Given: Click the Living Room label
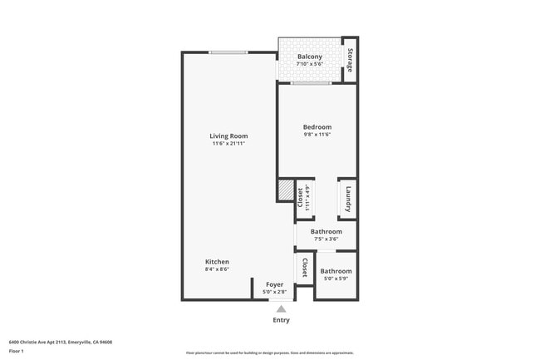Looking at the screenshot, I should pos(228,136).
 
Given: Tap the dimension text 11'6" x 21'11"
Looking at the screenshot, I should pos(228,144).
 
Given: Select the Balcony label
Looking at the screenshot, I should pos(310,57).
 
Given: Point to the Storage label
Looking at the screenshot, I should pos(350,60).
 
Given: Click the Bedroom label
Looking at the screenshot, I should pos(317,126).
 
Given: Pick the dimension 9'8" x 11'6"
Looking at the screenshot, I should pos(317,135).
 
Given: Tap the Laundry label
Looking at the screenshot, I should pos(348,200).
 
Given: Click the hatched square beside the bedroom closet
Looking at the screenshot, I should pos(286,191).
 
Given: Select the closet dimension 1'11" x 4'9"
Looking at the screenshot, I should pos(307,200).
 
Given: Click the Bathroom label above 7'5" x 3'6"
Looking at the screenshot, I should pos(326,231).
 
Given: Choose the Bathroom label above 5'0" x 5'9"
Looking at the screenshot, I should pos(336,271).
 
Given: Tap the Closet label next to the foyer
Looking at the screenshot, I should pos(305,268).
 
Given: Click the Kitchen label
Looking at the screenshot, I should pos(217,261).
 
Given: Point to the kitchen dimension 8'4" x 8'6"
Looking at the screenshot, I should pos(217,269).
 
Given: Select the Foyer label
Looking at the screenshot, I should pos(274,284).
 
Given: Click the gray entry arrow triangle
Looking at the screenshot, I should pos(281,308).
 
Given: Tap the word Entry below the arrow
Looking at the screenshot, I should pos(282,320).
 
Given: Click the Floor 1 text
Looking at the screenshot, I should pos(17,351).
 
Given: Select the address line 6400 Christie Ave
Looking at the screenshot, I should pos(60,342).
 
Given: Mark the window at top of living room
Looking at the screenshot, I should pos(228,52).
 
